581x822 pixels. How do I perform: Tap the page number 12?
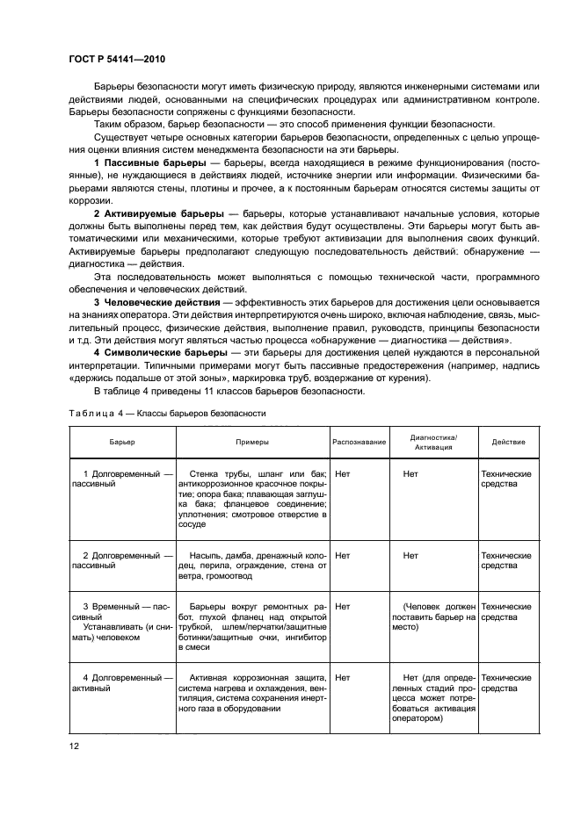tap(74, 746)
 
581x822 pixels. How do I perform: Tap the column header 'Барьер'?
tap(122, 442)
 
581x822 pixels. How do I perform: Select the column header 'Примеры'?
tap(251, 442)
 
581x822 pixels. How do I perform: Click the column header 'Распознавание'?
tap(359, 442)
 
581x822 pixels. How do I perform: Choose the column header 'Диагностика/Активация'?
tap(433, 442)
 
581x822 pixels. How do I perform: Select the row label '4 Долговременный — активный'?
tap(122, 682)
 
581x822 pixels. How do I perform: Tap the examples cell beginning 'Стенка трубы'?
tap(251, 498)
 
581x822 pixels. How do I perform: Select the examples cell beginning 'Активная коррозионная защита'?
tap(251, 694)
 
